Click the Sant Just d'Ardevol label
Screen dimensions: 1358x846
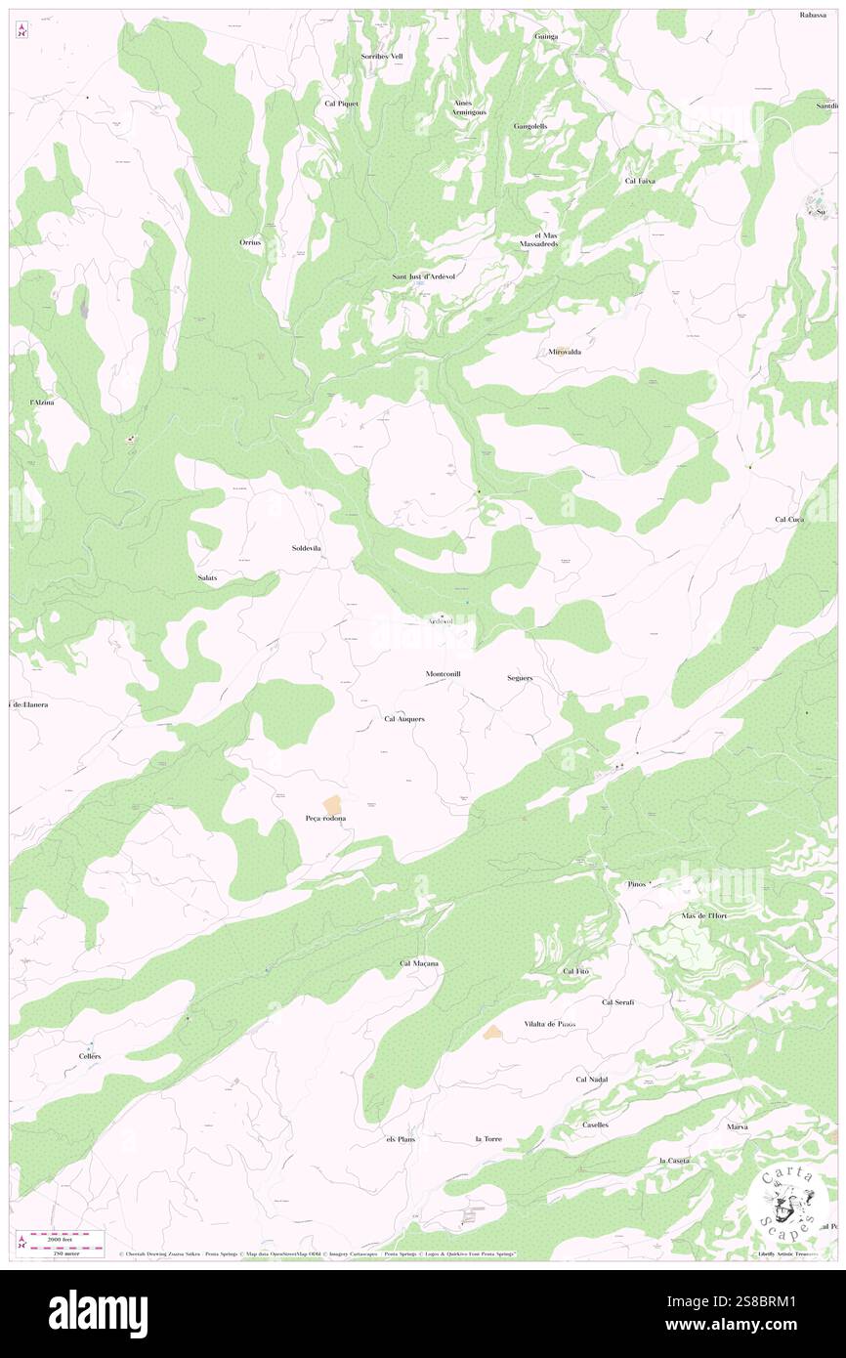[x=424, y=276]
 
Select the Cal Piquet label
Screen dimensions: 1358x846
[x=342, y=103]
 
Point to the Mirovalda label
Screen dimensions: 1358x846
[x=565, y=351]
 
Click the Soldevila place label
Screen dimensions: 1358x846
[x=307, y=548]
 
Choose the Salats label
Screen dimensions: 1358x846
[x=207, y=578]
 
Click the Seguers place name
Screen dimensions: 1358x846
[x=520, y=677]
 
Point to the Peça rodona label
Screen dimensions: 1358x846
[x=326, y=818]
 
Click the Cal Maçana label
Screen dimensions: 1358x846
[x=419, y=963]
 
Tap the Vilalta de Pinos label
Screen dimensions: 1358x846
[x=549, y=1024]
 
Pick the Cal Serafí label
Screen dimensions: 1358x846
[x=618, y=1002]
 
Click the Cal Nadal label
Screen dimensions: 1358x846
[x=592, y=1080]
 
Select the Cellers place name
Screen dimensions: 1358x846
[x=90, y=1057]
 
